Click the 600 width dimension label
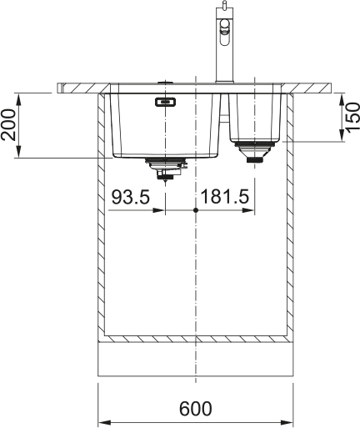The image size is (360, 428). click(x=195, y=409)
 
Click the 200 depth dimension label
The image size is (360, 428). click(x=7, y=124)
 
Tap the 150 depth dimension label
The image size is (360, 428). click(x=352, y=118)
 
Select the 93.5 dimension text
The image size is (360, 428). click(x=131, y=197)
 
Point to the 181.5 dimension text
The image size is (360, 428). click(x=224, y=197)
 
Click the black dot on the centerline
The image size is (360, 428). click(x=196, y=210)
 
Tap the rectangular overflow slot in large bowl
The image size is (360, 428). click(x=165, y=102)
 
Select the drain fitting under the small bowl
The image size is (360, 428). click(x=255, y=152)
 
